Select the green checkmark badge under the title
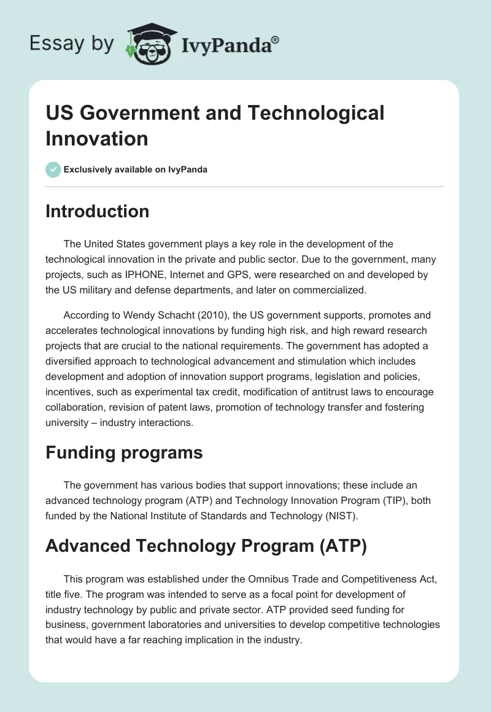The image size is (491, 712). point(53,169)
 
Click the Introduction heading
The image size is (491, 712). point(97,212)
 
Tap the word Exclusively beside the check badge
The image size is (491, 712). point(93,169)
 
